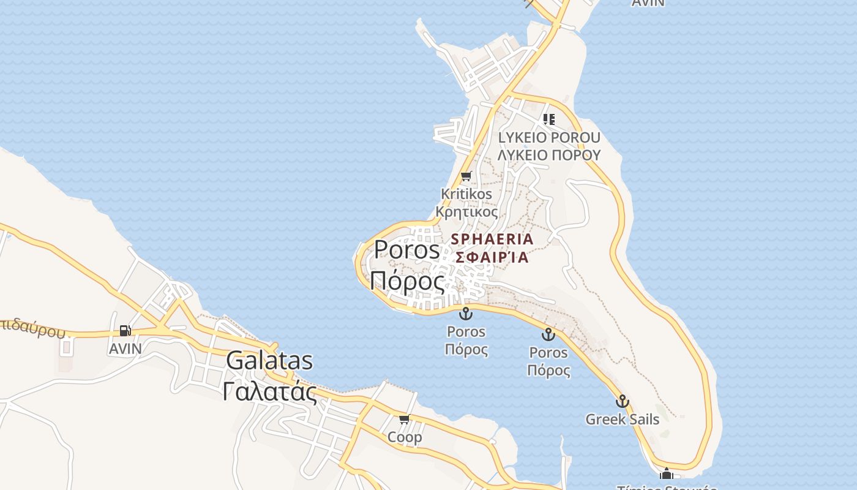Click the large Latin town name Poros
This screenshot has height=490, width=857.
(407, 249)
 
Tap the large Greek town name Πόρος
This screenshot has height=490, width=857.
(407, 281)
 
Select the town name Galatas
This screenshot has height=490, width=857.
(269, 361)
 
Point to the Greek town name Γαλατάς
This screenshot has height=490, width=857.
(269, 391)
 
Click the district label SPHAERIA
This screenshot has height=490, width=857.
(492, 239)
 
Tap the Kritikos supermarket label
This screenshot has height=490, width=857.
(466, 194)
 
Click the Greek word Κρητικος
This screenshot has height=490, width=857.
(466, 212)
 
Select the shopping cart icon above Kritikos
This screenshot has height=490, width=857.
(466, 176)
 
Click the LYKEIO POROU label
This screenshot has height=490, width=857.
(549, 137)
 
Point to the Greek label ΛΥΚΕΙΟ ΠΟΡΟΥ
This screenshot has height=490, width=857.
(549, 155)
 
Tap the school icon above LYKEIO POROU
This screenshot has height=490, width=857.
(549, 119)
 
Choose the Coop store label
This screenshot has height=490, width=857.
(405, 437)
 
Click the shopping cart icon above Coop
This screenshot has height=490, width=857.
(404, 420)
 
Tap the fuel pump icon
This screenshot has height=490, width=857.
(125, 331)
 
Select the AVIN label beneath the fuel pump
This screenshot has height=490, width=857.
(125, 349)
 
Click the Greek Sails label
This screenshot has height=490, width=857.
(623, 420)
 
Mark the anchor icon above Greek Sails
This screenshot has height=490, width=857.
(623, 401)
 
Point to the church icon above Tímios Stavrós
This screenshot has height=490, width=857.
(667, 473)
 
